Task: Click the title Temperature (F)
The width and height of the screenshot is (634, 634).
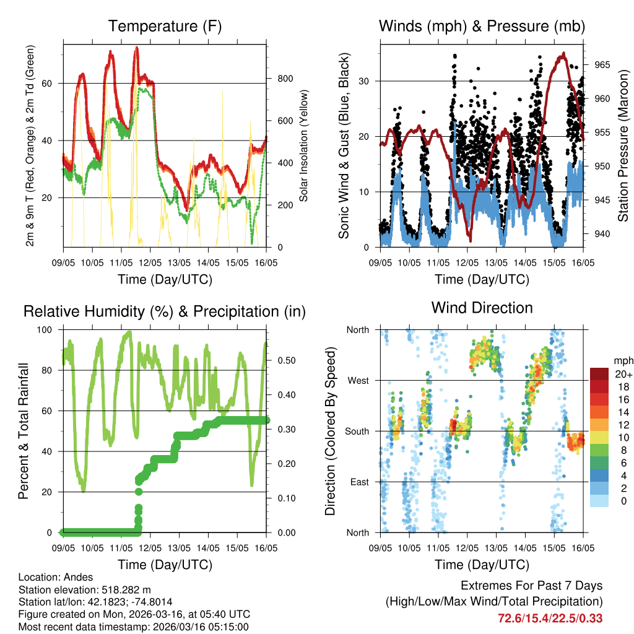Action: pos(165,26)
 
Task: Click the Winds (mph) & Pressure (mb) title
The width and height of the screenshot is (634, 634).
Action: pos(482,26)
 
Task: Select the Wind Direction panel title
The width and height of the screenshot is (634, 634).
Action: pos(482,307)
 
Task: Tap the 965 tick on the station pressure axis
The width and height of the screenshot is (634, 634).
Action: pos(602,64)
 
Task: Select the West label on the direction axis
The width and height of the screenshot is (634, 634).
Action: pos(358,380)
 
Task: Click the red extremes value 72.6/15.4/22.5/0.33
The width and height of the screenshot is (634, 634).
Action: pos(550,618)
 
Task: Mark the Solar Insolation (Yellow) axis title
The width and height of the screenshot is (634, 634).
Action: pos(304,146)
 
